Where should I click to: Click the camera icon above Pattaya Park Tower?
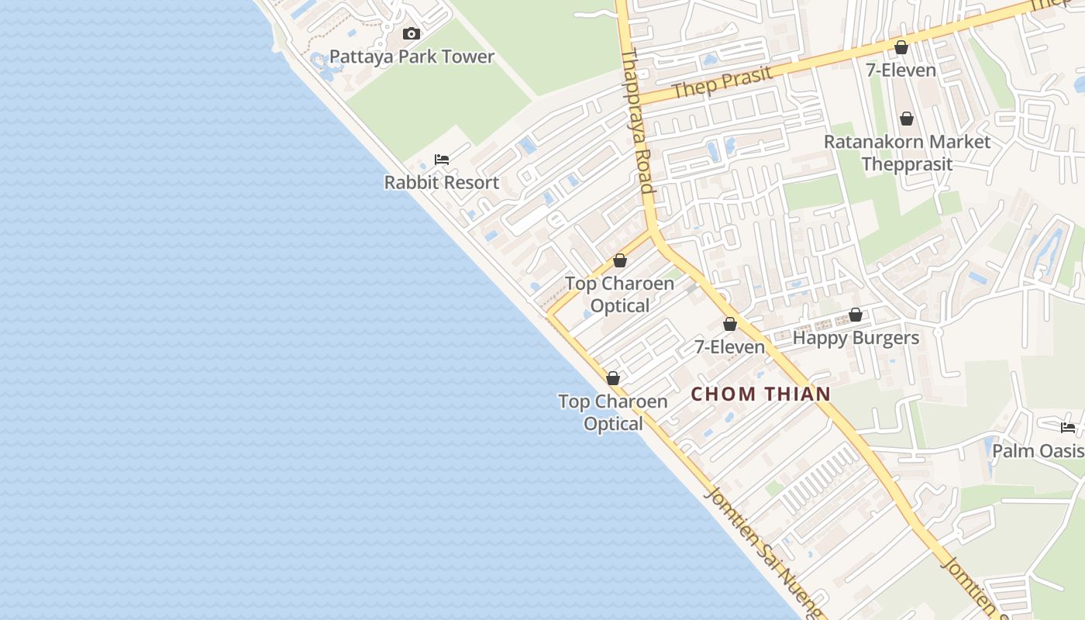(x=412, y=33)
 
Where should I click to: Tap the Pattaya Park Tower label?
(x=412, y=57)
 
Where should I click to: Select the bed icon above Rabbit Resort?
(x=442, y=160)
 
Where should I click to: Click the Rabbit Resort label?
(x=442, y=182)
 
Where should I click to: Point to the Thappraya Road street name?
(x=637, y=121)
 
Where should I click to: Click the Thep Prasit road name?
(x=722, y=83)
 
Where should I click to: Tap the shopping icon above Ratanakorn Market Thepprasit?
(x=906, y=119)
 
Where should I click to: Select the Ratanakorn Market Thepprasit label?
(x=907, y=153)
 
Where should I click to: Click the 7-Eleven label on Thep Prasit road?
(x=901, y=70)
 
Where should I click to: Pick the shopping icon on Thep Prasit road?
(x=901, y=47)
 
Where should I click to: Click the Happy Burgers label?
(x=856, y=338)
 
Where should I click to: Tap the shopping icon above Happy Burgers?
(x=856, y=315)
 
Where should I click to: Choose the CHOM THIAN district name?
(x=760, y=394)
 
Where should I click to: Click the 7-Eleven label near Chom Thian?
(x=729, y=346)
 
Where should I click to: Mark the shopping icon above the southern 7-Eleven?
(x=729, y=324)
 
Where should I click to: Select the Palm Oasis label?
(x=1038, y=450)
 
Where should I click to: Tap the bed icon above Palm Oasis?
(x=1068, y=427)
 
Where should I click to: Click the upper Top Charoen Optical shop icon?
(x=620, y=260)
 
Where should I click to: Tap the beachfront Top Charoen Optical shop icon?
(x=613, y=378)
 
